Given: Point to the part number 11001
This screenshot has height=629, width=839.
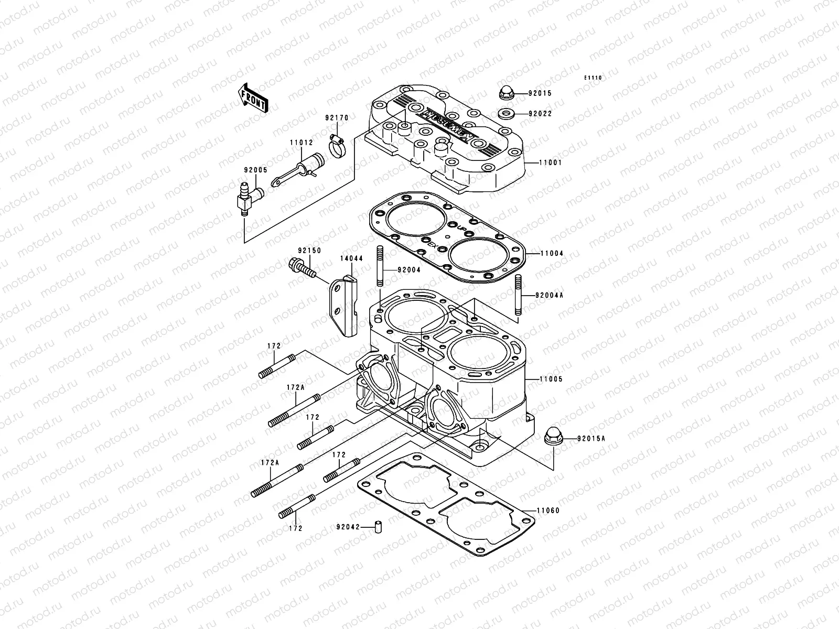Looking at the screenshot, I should click(550, 162).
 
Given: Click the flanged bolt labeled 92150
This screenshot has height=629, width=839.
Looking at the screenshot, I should click(302, 268).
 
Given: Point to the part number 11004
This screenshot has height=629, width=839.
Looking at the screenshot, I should click(551, 253).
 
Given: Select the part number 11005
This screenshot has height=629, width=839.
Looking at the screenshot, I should click(551, 378).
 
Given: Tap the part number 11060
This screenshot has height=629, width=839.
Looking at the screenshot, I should click(548, 510).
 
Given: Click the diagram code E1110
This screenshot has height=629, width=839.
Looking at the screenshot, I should click(594, 78).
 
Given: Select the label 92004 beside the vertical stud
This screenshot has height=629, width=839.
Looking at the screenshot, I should click(409, 270).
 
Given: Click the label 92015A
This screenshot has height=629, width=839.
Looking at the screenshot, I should click(591, 439).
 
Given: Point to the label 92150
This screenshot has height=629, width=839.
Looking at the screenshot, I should click(309, 251).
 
